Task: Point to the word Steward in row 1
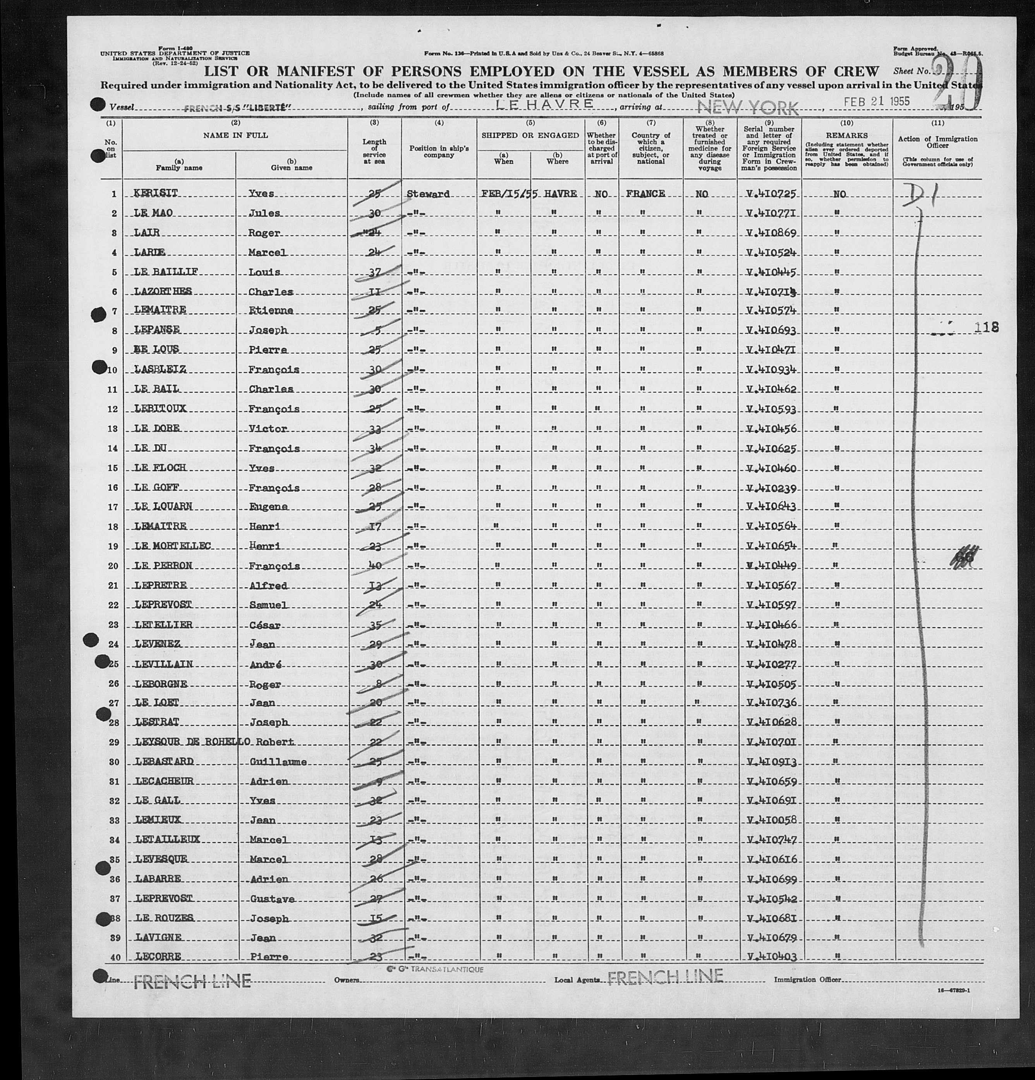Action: click(x=428, y=194)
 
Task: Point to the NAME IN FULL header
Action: click(x=235, y=135)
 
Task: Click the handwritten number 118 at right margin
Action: click(x=985, y=327)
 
